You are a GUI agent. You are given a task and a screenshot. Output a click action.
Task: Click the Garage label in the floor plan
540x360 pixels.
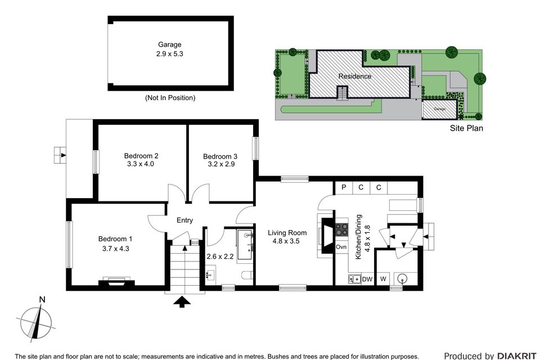[169, 44]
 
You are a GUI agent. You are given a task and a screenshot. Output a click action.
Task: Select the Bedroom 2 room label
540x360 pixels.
[141, 156]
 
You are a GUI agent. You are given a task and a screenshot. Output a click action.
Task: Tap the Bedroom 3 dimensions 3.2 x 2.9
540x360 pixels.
[219, 165]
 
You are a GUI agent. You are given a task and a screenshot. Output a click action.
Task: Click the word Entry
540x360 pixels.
[184, 220]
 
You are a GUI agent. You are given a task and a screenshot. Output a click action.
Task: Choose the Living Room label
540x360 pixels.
[287, 233]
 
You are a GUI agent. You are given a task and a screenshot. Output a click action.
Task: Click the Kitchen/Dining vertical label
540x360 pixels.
[358, 236]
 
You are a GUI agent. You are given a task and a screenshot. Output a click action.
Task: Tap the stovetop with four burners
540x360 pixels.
[342, 230]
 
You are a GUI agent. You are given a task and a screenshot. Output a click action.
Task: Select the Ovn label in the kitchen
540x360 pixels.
[341, 247]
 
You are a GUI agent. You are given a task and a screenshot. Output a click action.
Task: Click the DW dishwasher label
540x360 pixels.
[367, 279]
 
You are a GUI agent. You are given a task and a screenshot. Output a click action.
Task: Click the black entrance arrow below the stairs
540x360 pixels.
[181, 303]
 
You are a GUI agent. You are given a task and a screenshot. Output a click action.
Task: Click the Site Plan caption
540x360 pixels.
[466, 128]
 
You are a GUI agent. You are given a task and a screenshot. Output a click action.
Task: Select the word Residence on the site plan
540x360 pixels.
[354, 76]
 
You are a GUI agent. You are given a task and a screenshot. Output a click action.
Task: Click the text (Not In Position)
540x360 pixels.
[170, 98]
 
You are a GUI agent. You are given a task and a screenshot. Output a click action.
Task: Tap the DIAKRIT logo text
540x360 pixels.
[517, 355]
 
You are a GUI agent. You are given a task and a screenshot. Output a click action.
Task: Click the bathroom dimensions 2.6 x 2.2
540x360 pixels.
[219, 256]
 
